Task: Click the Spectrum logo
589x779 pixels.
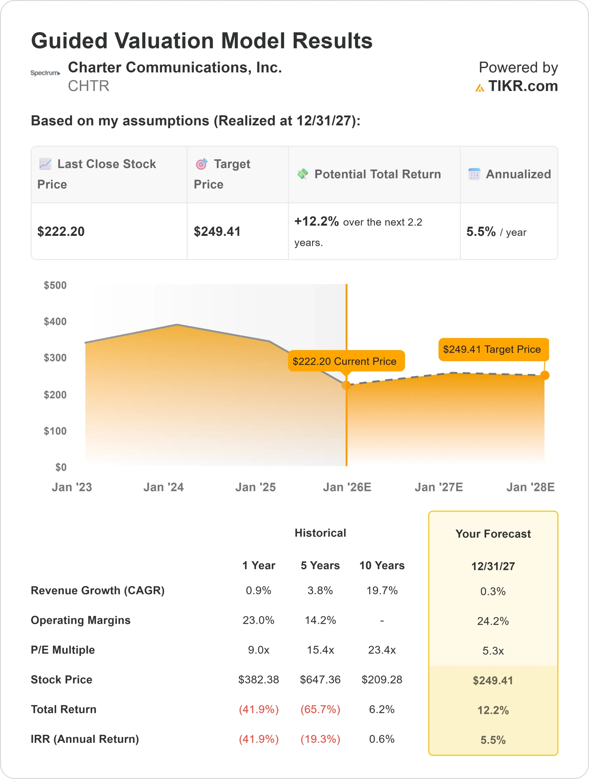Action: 45,73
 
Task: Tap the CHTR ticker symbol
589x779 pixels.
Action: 89,86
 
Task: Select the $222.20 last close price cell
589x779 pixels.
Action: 61,231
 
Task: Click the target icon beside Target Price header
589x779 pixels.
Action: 202,164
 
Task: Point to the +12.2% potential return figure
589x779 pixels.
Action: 316,221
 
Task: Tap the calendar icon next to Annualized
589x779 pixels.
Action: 474,174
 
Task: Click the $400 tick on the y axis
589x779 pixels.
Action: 55,321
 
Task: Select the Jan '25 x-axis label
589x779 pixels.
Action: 256,487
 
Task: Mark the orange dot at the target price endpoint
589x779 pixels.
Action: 545,376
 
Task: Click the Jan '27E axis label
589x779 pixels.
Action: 439,487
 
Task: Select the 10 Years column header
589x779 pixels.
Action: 382,565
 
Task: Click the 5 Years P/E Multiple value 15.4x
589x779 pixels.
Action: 320,650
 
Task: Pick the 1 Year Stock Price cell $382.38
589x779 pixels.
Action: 258,679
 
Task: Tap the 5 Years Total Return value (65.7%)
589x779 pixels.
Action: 320,709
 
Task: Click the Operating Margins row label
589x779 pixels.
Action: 80,620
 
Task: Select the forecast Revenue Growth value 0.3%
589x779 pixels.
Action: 493,591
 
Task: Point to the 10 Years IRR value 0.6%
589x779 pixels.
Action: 382,739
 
